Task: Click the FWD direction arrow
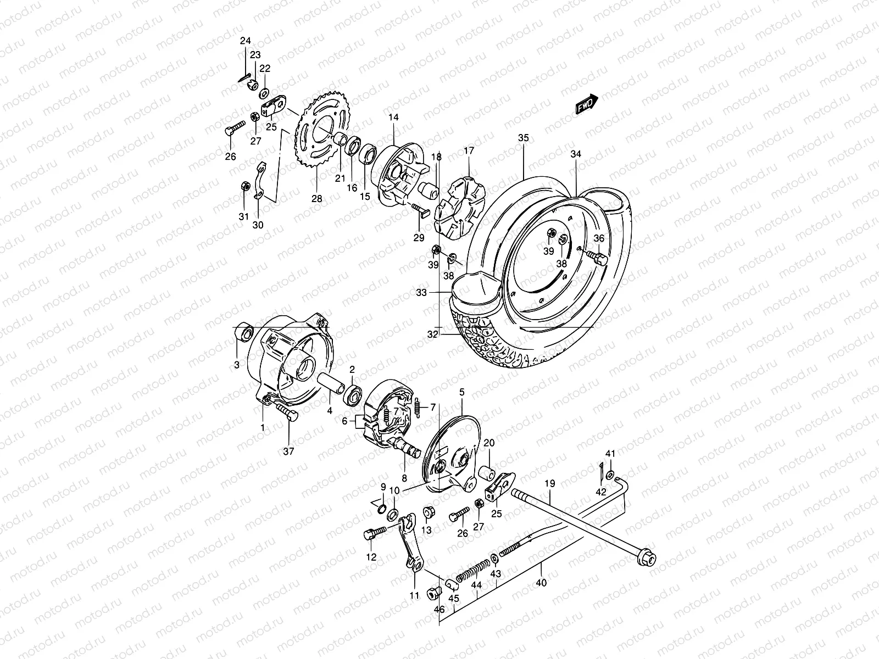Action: [602, 104]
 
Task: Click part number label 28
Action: [317, 199]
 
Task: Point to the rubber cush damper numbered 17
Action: [460, 206]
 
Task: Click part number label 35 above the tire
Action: [523, 138]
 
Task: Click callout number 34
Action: [575, 154]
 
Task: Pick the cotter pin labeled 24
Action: [244, 77]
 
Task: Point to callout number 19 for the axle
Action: [550, 484]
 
